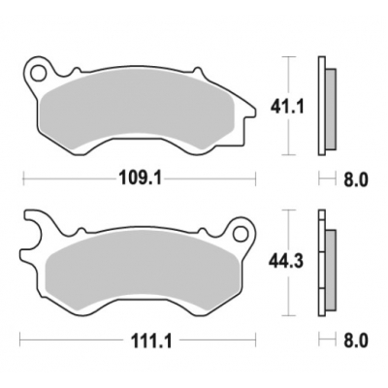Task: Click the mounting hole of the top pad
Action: point(40,71)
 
